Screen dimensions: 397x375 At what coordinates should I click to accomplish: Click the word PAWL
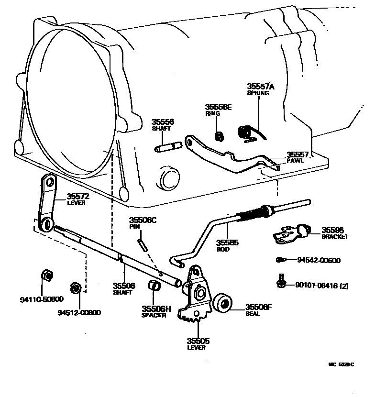click(x=295, y=161)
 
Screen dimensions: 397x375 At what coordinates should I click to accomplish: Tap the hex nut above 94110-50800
click(x=47, y=276)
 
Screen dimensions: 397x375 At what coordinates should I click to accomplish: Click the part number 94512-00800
click(x=79, y=313)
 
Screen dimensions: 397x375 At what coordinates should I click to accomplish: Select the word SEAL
click(x=253, y=314)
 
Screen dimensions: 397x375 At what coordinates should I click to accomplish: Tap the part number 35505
click(x=198, y=341)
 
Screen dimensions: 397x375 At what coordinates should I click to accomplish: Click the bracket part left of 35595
click(x=291, y=233)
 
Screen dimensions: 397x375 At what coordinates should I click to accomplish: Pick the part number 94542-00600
click(x=318, y=260)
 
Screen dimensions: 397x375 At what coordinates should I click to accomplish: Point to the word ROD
click(x=223, y=249)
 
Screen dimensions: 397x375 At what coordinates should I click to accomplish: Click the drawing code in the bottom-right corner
click(x=341, y=364)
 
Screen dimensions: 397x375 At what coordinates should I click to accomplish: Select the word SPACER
click(x=154, y=315)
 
